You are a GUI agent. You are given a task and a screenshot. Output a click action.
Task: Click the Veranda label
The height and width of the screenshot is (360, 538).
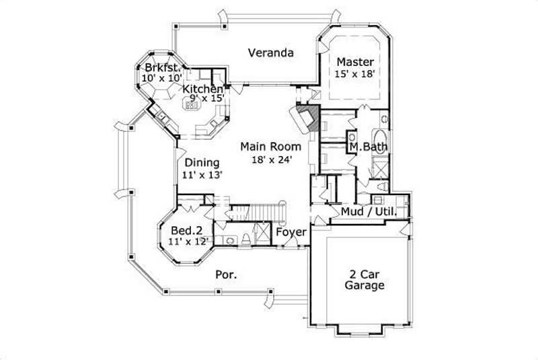click(x=270, y=52)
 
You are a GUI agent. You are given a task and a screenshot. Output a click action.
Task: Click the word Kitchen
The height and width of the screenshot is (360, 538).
click(x=203, y=89)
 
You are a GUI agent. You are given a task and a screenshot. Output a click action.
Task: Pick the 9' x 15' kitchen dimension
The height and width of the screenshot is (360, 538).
click(x=205, y=99)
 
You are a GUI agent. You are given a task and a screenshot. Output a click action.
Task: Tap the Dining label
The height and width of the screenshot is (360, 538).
click(x=202, y=162)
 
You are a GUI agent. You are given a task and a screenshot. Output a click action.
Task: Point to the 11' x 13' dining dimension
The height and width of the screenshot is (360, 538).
click(x=202, y=174)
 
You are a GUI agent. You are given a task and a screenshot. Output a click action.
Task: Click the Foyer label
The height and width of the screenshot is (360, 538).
click(x=292, y=233)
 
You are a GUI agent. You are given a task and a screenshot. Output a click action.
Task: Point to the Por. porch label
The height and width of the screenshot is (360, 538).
click(x=224, y=274)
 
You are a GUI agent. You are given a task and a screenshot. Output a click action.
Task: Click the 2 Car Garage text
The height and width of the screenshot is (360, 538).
click(x=364, y=279)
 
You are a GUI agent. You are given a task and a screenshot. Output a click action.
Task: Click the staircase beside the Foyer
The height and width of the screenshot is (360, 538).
click(x=259, y=210)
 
